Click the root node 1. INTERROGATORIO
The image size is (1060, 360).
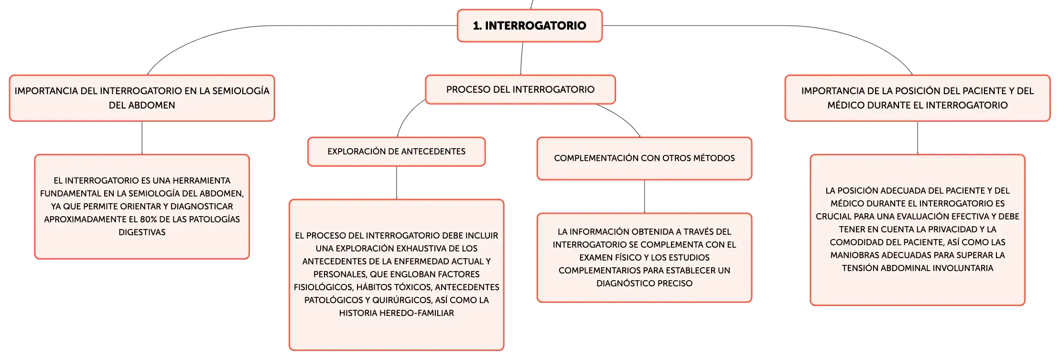click(x=530, y=26)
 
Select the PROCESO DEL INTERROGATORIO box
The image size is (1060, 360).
click(x=520, y=89)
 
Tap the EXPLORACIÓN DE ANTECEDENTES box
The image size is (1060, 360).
click(x=397, y=152)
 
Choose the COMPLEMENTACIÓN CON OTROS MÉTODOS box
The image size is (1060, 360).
click(x=644, y=158)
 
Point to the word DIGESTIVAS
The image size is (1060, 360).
click(x=142, y=232)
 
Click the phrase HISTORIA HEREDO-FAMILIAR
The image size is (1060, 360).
click(x=397, y=313)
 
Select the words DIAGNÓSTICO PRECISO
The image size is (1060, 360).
click(x=644, y=284)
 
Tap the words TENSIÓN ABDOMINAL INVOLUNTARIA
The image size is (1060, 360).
click(x=918, y=268)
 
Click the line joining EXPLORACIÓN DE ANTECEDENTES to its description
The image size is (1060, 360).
click(x=397, y=183)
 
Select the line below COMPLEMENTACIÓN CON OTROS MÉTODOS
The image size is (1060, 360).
click(x=644, y=196)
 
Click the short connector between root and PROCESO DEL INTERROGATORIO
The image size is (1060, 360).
click(x=521, y=58)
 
